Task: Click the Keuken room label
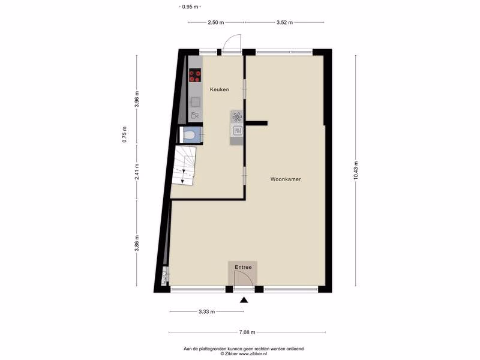pyautogui.click(x=220, y=89)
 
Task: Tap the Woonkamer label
pyautogui.click(x=286, y=179)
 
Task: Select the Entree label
pyautogui.click(x=243, y=267)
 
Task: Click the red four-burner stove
pyautogui.click(x=194, y=76)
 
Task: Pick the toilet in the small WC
pyautogui.click(x=190, y=135)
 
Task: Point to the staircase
pyautogui.click(x=184, y=166)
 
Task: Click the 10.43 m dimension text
pyautogui.click(x=356, y=170)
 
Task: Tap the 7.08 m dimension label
pyautogui.click(x=247, y=332)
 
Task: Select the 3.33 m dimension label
pyautogui.click(x=206, y=312)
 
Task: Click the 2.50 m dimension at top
pyautogui.click(x=216, y=22)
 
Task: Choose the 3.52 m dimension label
pyautogui.click(x=284, y=22)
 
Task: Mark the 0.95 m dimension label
pyautogui.click(x=190, y=7)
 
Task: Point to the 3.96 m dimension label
pyautogui.click(x=137, y=99)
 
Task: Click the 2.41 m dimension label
pyautogui.click(x=137, y=172)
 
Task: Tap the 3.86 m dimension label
pyautogui.click(x=137, y=243)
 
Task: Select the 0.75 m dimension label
pyautogui.click(x=124, y=134)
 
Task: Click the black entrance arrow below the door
pyautogui.click(x=244, y=299)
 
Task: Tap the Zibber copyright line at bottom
pyautogui.click(x=244, y=353)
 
